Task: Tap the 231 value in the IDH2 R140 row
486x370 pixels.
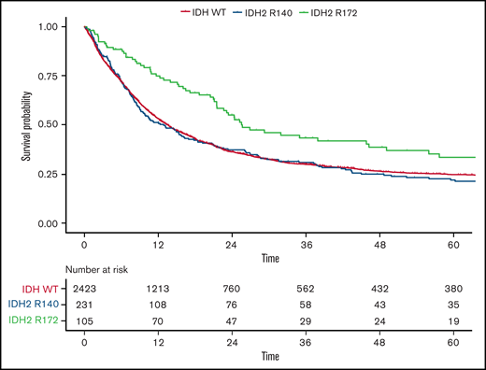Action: click(x=85, y=305)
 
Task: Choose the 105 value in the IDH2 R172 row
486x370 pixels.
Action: click(x=85, y=321)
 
